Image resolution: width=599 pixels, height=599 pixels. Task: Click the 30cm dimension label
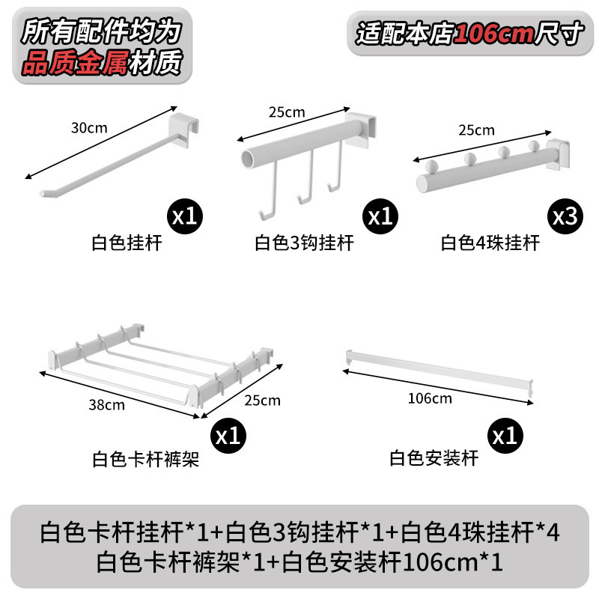(89, 127)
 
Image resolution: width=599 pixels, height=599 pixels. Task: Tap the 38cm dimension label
(106, 404)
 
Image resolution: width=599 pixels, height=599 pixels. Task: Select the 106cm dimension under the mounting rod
(430, 398)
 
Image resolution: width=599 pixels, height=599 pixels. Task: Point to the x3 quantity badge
(565, 216)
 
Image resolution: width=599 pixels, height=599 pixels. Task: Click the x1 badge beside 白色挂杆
(185, 216)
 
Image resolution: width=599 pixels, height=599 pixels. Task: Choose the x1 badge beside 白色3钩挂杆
(380, 216)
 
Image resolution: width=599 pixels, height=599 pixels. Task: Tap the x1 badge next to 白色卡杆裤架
(228, 436)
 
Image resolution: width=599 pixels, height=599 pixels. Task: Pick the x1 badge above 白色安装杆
(505, 436)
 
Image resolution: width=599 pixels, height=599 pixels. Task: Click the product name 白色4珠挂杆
(490, 243)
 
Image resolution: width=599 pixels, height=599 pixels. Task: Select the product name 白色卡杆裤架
(145, 459)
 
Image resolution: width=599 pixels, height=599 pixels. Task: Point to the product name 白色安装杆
(434, 458)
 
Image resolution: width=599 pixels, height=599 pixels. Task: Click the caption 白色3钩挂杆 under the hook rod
(304, 243)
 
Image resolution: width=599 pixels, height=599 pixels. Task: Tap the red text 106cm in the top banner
(494, 34)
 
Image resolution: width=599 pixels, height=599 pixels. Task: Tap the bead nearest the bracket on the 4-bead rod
(534, 145)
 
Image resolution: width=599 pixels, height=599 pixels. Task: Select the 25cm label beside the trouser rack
(263, 400)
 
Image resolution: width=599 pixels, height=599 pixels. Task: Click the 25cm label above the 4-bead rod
(477, 130)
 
